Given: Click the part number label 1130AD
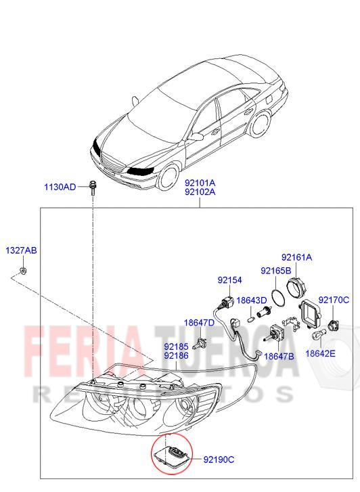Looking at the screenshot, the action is (x=60, y=187).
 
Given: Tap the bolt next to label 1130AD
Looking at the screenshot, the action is (x=93, y=187).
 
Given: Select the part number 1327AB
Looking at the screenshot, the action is (x=22, y=250).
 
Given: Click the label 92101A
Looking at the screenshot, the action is (x=200, y=183).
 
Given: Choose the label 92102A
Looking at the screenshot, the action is (x=200, y=192).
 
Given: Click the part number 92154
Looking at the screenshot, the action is (x=230, y=280).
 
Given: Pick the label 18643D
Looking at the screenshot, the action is (x=252, y=300).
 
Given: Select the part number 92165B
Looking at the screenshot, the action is (x=276, y=271).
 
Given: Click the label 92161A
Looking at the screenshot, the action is (x=296, y=257).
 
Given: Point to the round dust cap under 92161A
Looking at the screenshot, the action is (x=297, y=287).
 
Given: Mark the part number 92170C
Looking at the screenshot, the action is (x=334, y=300).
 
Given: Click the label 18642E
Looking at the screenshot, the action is (x=320, y=353).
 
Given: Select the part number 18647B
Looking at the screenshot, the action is (x=279, y=356).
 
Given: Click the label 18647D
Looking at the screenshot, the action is (x=199, y=323).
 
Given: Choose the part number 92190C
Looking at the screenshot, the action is (x=219, y=460).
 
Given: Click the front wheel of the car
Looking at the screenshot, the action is (x=168, y=176).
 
